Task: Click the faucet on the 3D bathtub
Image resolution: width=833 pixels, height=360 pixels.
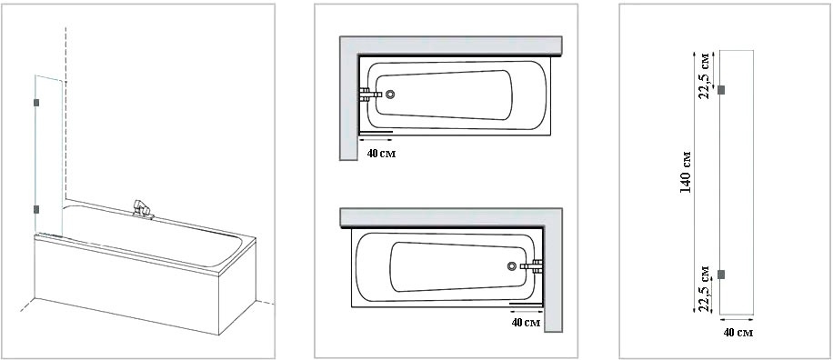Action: (141, 209)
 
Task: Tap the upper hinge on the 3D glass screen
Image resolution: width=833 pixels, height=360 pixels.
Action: (36, 103)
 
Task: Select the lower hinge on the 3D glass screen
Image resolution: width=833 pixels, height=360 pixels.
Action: (36, 209)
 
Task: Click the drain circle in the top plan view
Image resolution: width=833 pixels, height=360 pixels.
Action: (390, 95)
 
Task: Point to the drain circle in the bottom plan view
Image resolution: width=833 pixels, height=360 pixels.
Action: (512, 266)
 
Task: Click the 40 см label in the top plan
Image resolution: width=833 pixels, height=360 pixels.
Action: (381, 154)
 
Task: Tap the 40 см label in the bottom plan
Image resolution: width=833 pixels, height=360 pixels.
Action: (526, 323)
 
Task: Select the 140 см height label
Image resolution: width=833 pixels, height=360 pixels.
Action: (686, 172)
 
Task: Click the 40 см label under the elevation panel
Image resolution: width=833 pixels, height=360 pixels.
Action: (738, 333)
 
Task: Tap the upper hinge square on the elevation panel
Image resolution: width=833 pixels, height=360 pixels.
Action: (721, 90)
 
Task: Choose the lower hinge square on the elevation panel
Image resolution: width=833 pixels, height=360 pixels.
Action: (721, 275)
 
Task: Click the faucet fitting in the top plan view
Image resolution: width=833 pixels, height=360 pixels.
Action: (371, 95)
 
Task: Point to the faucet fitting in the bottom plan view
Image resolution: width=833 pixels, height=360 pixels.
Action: (532, 266)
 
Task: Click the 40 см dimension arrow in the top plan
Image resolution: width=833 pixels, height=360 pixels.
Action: (376, 140)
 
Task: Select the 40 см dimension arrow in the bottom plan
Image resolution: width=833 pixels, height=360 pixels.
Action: (526, 312)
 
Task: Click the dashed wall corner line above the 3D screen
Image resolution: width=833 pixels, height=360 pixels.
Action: (65, 53)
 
